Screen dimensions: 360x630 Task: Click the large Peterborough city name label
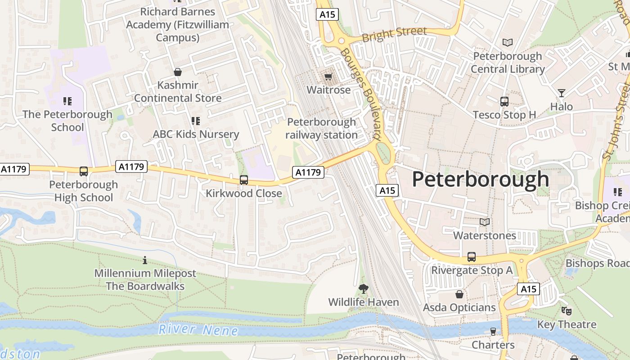click(x=480, y=180)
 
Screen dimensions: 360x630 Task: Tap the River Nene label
click(x=198, y=330)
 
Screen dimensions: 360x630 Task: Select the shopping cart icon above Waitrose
click(x=328, y=77)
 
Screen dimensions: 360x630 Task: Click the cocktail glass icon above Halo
click(x=561, y=93)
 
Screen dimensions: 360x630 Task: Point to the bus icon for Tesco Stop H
click(x=504, y=102)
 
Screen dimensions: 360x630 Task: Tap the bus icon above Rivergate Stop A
click(x=471, y=257)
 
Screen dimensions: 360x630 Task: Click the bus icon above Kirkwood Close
click(x=244, y=180)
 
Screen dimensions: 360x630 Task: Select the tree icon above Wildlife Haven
click(x=363, y=288)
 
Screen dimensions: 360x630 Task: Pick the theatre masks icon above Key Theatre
click(x=566, y=311)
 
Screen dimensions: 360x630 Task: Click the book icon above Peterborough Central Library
click(x=508, y=43)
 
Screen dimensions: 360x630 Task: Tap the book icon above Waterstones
click(x=484, y=222)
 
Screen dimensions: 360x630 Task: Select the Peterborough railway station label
click(x=321, y=128)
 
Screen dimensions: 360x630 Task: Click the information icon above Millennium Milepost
click(x=145, y=260)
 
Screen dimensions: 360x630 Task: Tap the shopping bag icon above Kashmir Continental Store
click(x=178, y=72)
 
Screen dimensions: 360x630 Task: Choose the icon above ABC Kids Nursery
click(x=195, y=121)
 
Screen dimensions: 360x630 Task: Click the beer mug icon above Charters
click(x=493, y=332)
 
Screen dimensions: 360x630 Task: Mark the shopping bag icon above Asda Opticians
click(x=459, y=294)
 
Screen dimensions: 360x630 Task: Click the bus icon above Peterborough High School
click(x=84, y=171)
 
